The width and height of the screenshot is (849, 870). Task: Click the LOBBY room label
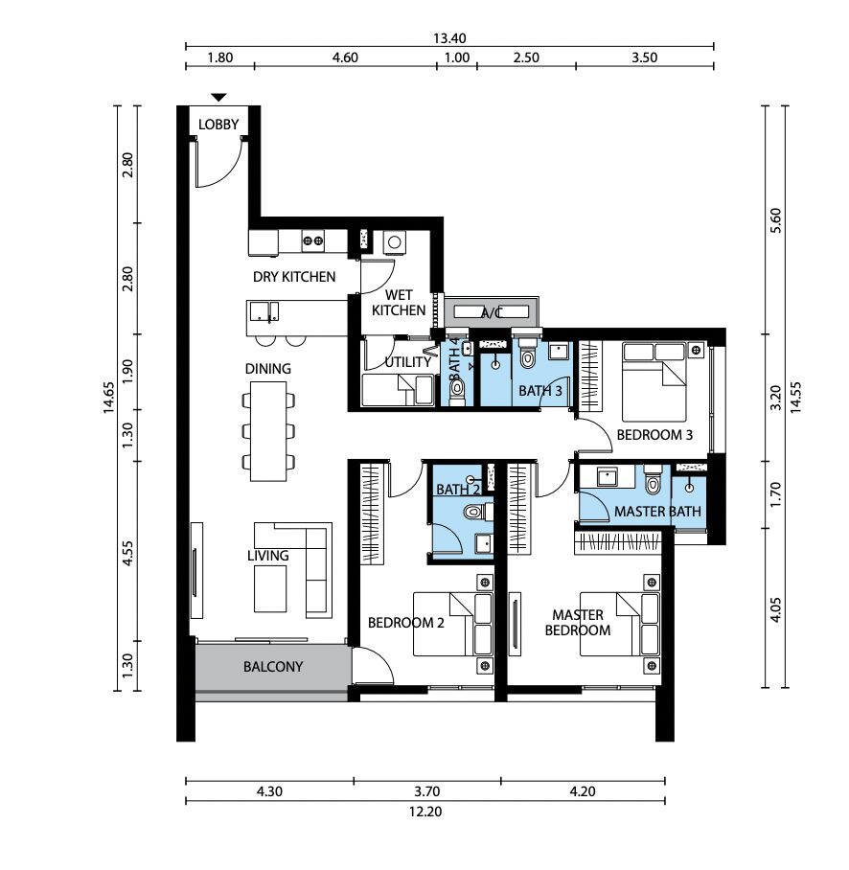pos(218,125)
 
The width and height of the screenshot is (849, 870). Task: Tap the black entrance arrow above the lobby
pos(219,98)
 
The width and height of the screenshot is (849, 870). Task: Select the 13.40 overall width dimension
pos(449,38)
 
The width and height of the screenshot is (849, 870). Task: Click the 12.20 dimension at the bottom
pos(425,812)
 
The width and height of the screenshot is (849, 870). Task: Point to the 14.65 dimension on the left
pos(108,398)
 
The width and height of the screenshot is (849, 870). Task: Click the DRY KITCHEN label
pos(294,277)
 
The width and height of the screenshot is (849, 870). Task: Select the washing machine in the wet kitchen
pos(395,242)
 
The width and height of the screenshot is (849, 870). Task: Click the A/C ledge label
pos(491,314)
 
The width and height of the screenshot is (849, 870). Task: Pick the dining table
pos(268,431)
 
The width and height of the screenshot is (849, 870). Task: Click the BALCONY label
pos(273,666)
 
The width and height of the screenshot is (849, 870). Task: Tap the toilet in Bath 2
pos(475,511)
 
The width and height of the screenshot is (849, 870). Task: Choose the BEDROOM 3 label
pos(654,435)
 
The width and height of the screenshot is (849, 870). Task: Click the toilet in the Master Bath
pos(654,480)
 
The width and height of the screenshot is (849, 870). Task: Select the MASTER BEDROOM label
pos(578,623)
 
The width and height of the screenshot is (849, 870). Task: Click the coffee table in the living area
pos(270,588)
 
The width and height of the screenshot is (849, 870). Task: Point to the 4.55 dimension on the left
pos(127,553)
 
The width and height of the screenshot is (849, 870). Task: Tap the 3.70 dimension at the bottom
pos(426,791)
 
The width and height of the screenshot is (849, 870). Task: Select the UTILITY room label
pos(408,362)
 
